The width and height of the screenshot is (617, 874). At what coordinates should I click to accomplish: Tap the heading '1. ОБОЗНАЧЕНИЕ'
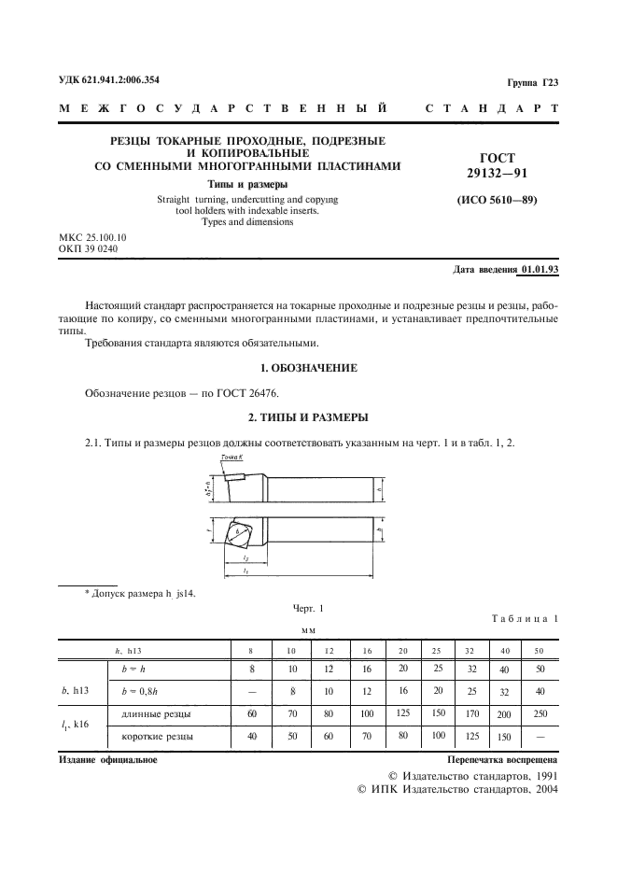(308, 369)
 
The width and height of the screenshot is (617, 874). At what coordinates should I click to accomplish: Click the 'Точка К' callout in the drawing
(231, 457)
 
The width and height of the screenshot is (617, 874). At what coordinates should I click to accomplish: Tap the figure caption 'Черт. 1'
(308, 608)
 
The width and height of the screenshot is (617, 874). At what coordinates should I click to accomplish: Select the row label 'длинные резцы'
(157, 714)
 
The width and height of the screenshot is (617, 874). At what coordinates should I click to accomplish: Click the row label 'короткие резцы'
(158, 738)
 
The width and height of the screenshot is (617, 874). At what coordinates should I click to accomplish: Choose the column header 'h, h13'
(127, 648)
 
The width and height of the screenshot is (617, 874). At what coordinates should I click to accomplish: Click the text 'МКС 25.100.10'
(92, 238)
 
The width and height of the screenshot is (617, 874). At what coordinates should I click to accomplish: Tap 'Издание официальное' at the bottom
(107, 760)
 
